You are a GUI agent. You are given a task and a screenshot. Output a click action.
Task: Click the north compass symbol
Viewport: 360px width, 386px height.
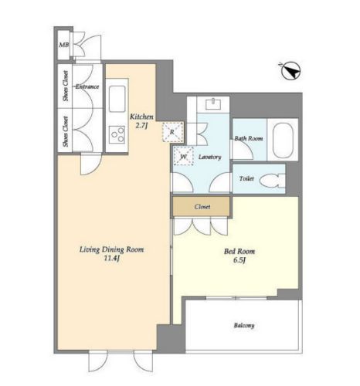point(291,70)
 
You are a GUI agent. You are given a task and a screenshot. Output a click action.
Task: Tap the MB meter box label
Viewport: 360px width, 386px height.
point(64,45)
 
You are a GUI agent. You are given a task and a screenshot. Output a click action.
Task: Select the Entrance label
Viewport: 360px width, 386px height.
point(87,86)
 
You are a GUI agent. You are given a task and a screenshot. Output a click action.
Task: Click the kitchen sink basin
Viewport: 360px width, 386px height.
point(117,99)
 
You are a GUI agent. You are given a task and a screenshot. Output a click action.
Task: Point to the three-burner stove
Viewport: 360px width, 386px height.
point(117,134)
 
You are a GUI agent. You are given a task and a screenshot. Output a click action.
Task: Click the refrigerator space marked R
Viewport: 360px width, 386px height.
point(173,132)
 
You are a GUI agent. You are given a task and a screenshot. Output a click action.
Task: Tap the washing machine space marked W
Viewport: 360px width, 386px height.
point(183,156)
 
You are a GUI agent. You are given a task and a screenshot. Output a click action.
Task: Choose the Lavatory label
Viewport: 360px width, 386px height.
point(209,157)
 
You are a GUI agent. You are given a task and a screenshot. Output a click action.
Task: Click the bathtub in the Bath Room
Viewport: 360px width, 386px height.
point(283,141)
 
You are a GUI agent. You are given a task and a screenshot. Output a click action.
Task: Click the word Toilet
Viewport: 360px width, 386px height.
point(246,178)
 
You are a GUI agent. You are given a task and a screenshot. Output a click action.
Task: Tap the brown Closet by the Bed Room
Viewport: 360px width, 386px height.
point(202,206)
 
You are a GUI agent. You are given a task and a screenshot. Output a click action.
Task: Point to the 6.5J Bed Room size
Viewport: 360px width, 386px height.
point(239,260)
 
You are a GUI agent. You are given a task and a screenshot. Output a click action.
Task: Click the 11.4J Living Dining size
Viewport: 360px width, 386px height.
point(111,259)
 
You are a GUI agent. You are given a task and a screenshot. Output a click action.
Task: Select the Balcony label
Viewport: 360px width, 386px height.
point(244,326)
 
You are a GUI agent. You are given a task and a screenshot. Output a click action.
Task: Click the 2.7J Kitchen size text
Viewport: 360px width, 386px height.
point(141,126)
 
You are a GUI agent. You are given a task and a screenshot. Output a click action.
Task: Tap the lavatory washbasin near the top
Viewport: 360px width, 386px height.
point(213,104)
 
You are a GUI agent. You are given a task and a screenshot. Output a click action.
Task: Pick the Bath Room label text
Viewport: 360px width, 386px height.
point(249,138)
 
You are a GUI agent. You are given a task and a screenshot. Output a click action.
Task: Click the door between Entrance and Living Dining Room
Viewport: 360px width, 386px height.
point(90,164)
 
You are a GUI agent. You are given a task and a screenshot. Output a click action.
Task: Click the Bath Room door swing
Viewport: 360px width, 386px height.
point(243,150)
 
